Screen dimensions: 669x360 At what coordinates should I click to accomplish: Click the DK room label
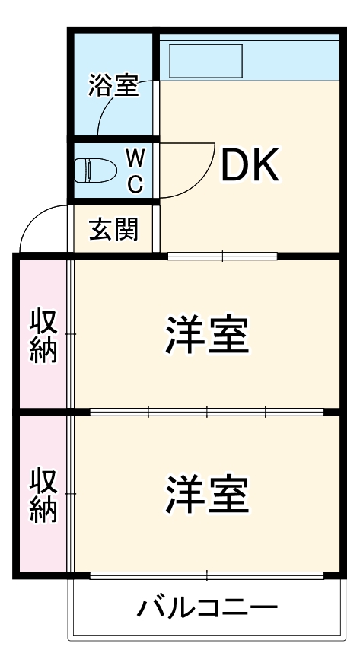point(250,165)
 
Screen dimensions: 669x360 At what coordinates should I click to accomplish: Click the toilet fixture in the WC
point(93,170)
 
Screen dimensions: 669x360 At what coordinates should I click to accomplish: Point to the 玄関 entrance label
point(114,229)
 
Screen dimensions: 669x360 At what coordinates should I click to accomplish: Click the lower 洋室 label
point(207,494)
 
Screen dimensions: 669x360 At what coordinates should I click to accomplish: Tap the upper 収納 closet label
point(44,335)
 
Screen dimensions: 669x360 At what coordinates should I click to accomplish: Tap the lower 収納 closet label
point(44,495)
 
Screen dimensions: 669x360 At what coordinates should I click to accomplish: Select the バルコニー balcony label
point(207,609)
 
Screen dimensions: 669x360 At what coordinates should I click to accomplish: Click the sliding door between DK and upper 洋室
point(222,256)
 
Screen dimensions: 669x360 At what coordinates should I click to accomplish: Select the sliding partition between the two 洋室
point(207,413)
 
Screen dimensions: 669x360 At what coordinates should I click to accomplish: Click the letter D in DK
point(234,165)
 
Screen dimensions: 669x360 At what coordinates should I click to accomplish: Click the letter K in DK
point(266,165)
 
